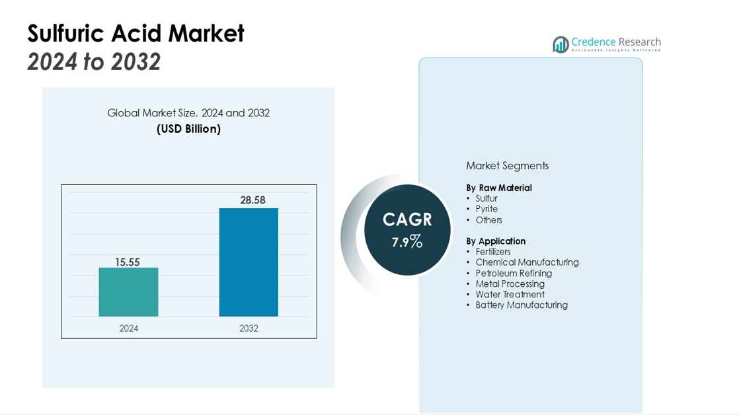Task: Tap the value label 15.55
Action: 128,262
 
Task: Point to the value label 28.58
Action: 253,200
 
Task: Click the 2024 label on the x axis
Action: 129,328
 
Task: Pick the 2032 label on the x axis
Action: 249,328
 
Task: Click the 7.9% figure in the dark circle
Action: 407,242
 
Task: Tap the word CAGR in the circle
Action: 407,219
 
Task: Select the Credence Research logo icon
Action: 561,44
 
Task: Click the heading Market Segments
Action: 507,166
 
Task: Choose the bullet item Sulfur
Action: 486,198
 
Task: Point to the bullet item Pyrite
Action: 486,209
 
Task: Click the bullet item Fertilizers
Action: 493,252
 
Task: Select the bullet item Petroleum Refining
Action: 514,273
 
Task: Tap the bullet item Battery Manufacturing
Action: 522,305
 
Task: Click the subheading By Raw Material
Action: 499,188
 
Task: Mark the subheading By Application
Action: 496,241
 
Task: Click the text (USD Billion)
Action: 188,129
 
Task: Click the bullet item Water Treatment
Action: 510,295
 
